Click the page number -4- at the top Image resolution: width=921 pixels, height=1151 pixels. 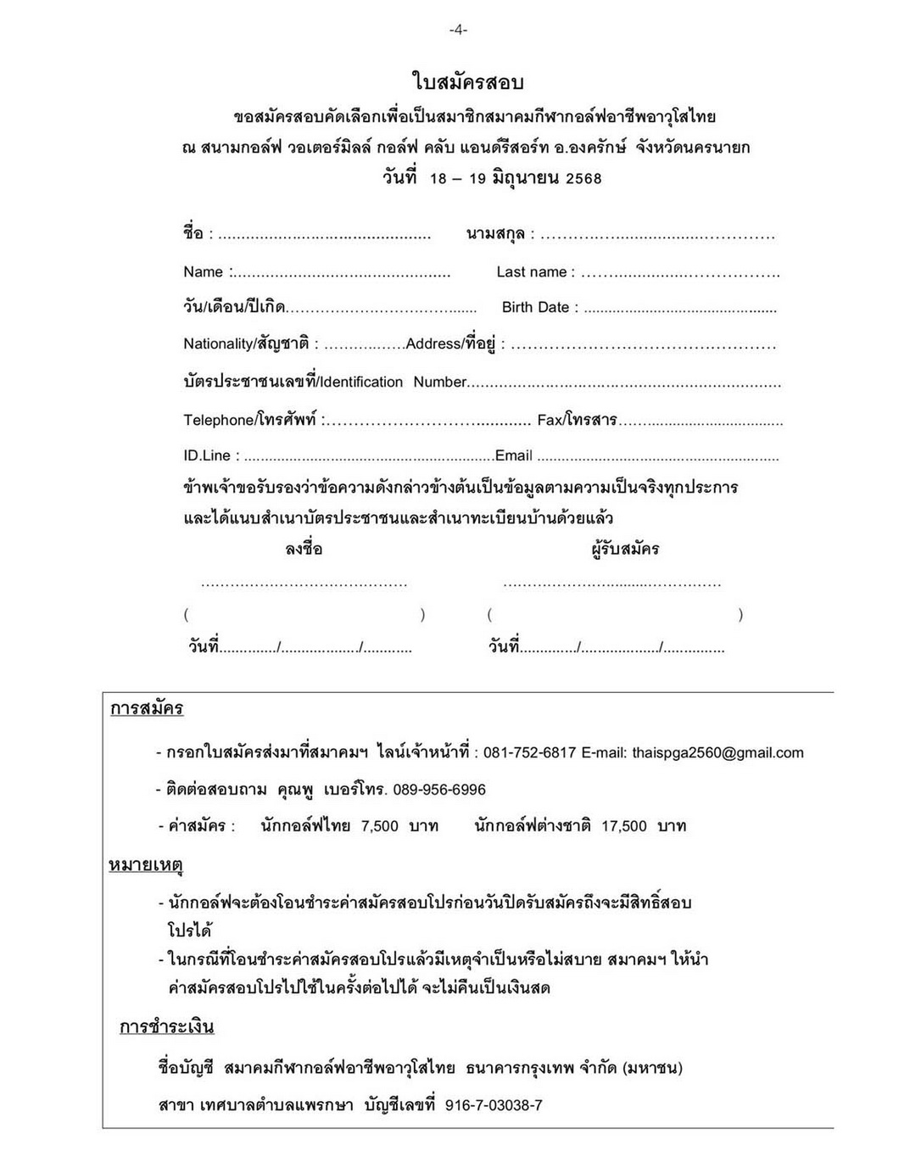point(458,31)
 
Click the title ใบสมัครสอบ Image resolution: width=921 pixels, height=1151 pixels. point(468,82)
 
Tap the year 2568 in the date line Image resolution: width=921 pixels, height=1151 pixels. point(583,179)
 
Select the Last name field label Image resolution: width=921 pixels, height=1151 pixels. point(532,272)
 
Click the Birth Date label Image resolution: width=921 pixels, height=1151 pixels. point(535,308)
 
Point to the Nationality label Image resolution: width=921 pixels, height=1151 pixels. point(218,344)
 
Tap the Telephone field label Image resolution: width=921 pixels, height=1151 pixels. point(218,420)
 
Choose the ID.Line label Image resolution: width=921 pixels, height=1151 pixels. point(206,455)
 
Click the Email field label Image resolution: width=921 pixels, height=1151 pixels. point(513,455)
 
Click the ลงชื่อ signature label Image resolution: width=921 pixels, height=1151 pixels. point(304,549)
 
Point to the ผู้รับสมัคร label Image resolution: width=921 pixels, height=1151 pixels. point(625,549)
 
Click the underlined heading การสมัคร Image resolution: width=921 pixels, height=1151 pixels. point(147,708)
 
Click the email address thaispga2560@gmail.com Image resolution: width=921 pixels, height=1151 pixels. point(717,752)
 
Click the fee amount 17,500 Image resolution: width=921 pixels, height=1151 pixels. point(623,826)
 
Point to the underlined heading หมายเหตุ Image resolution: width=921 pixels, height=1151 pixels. point(146,866)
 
